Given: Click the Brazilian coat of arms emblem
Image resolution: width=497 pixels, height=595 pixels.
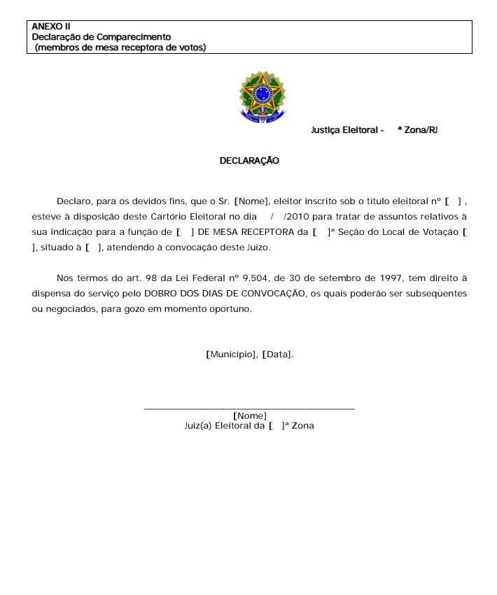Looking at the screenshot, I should pos(262,96).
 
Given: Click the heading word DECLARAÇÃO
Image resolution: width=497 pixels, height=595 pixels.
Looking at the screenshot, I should pos(249,161).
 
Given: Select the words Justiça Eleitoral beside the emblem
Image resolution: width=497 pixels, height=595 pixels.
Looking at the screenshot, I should pos(343,130).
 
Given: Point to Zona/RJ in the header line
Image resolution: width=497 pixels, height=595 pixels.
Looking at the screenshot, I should pos(421,130).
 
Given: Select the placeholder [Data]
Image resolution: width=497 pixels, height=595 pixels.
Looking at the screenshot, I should pos(278,354).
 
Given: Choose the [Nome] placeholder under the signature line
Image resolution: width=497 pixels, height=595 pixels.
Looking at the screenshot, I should pos(249,417).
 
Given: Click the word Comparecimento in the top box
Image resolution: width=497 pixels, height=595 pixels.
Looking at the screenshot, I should pos(134,36).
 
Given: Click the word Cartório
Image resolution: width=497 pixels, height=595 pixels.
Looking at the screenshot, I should pos(170,216).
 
